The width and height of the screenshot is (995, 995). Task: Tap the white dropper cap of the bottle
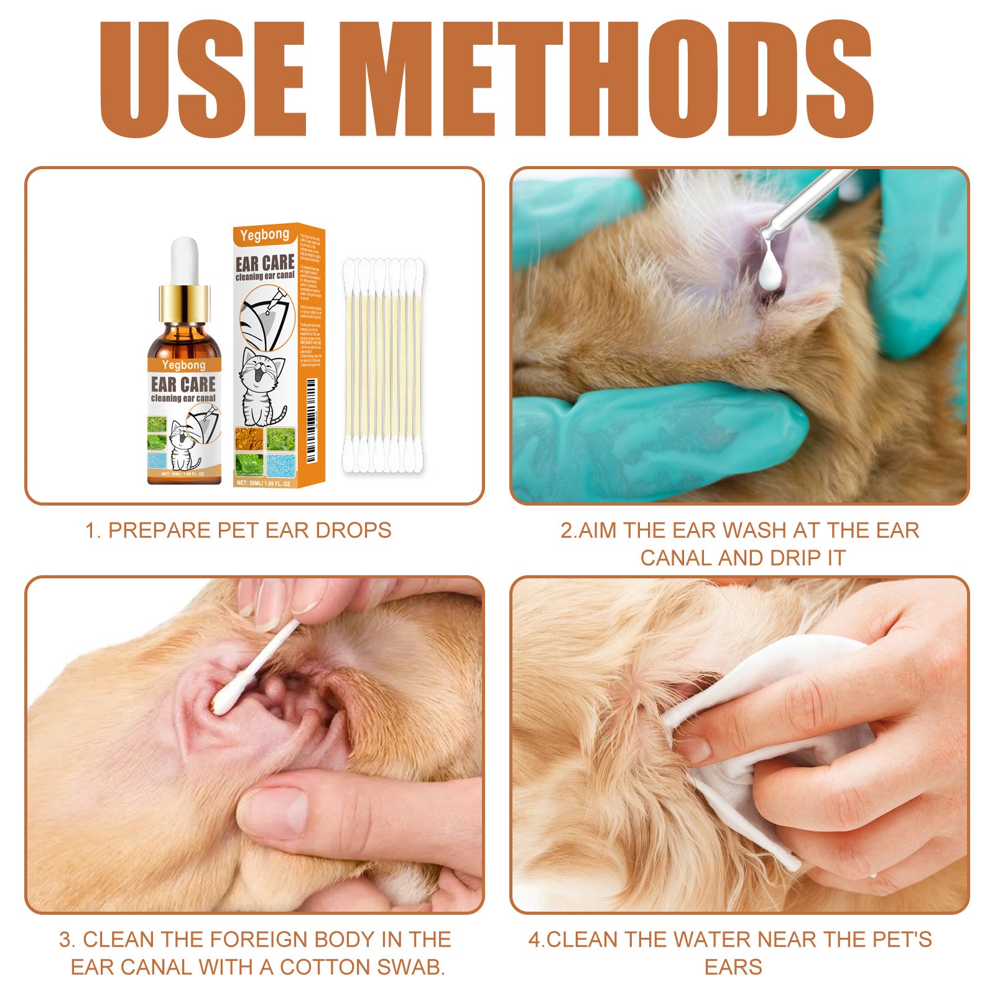pyautogui.click(x=184, y=261)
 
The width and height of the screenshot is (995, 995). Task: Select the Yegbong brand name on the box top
pyautogui.click(x=265, y=235)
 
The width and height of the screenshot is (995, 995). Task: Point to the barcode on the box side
pyautogui.click(x=312, y=404)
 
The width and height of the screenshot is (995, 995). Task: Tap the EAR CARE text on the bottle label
pyautogui.click(x=183, y=384)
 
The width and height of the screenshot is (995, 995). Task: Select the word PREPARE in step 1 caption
pyautogui.click(x=160, y=530)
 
